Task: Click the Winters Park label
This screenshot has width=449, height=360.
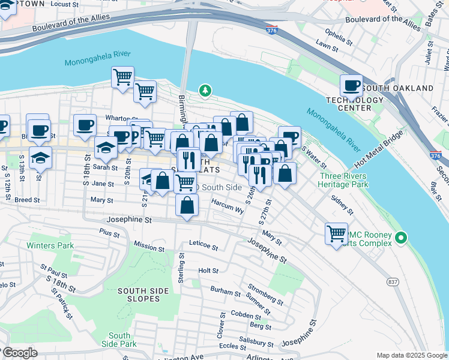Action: click(50, 245)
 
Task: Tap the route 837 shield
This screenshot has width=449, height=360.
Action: click(393, 281)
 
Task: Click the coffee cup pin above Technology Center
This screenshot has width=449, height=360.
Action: click(351, 85)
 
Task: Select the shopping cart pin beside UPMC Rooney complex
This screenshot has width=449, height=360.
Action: click(336, 233)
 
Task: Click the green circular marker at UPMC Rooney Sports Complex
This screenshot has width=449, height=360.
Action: click(402, 239)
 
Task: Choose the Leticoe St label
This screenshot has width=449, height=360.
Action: click(202, 246)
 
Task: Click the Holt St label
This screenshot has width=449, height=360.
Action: click(208, 271)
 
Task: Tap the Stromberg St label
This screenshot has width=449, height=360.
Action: click(265, 296)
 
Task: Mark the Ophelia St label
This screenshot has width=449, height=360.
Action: click(338, 35)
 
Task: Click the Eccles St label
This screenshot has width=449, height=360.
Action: click(229, 346)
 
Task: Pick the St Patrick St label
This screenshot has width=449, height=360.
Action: click(62, 305)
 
